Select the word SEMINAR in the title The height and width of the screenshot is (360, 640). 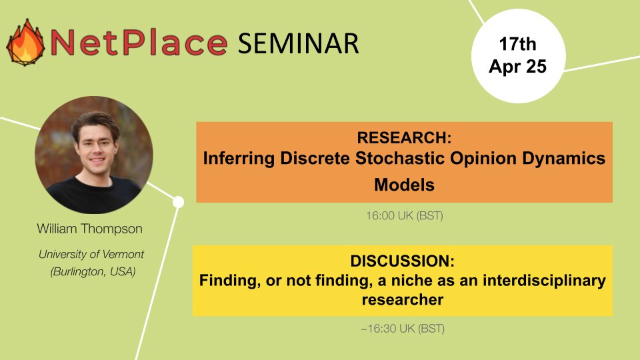point(299,43)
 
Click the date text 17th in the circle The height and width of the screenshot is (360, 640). point(517,45)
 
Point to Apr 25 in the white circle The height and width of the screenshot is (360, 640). point(517,67)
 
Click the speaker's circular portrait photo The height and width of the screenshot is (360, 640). point(93,154)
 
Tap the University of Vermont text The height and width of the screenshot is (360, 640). point(91,254)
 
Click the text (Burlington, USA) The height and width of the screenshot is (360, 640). point(93,271)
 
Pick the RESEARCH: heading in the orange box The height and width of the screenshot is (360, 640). point(404,138)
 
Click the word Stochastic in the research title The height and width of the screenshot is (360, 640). point(427,160)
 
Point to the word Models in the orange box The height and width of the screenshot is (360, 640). point(404,184)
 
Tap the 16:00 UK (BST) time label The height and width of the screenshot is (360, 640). point(404,215)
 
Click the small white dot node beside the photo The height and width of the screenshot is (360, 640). point(178,201)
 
